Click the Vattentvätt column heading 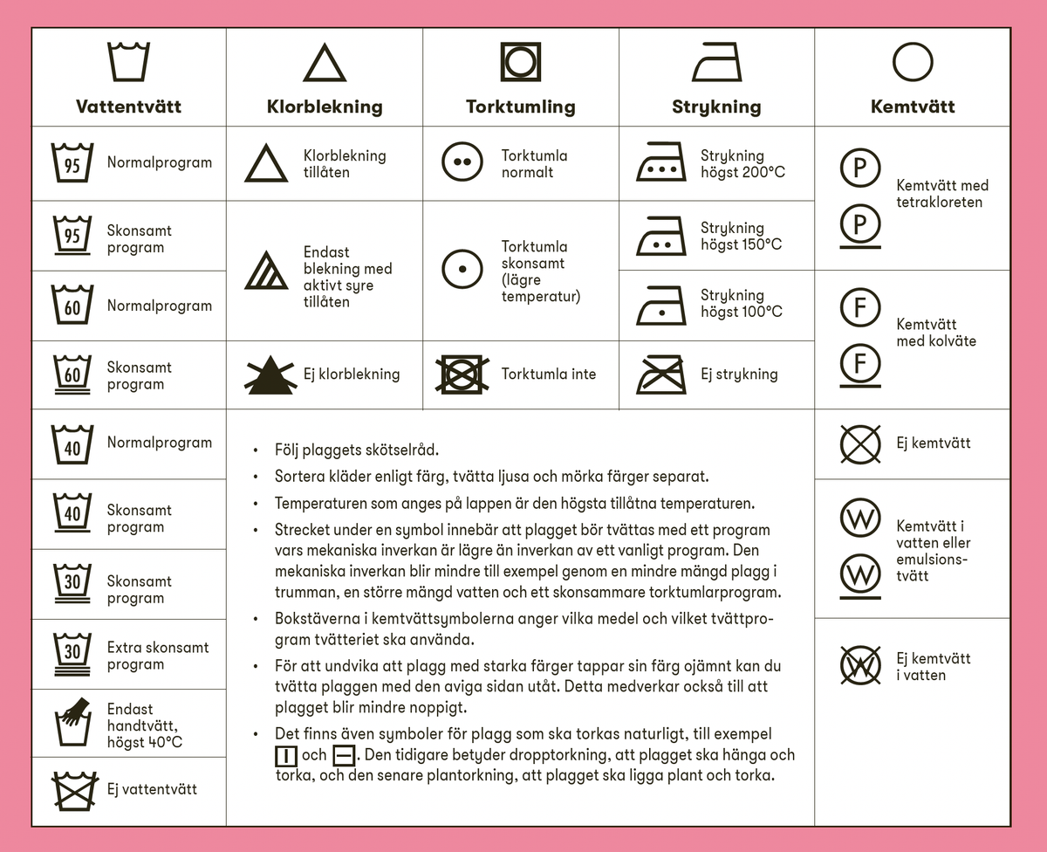(x=128, y=107)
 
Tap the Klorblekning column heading (x=325, y=107)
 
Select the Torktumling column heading (x=521, y=107)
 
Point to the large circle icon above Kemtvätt (x=913, y=62)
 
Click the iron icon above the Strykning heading (x=717, y=63)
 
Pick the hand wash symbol (x=72, y=724)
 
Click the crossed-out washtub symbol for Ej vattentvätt (x=73, y=790)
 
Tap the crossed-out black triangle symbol (x=273, y=374)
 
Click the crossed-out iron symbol (x=661, y=374)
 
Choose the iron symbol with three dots (x=661, y=162)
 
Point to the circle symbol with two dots (x=462, y=163)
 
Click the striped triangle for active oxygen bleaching (x=266, y=270)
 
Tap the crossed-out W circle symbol (x=860, y=666)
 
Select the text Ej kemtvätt (x=933, y=443)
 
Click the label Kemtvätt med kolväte (x=935, y=333)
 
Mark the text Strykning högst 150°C (x=741, y=236)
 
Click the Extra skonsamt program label (x=158, y=656)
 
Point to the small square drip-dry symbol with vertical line (x=286, y=755)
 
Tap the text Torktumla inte (x=549, y=374)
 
